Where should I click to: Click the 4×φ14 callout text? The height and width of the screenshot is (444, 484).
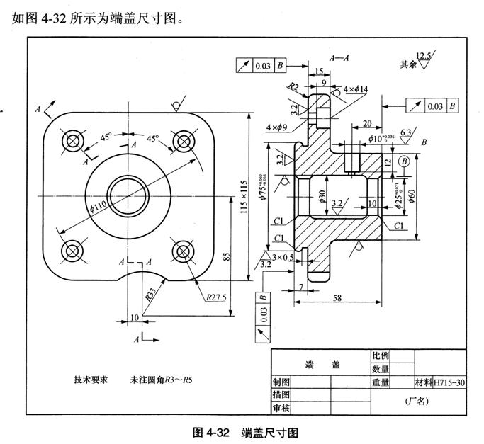click(x=356, y=90)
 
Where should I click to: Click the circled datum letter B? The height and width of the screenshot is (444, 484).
click(x=405, y=161)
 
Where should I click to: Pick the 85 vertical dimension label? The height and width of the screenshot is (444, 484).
click(x=227, y=256)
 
